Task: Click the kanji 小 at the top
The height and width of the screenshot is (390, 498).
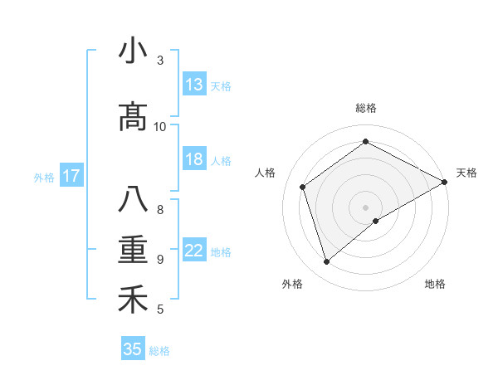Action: coord(133,52)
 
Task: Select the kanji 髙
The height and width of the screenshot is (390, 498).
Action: coord(133,118)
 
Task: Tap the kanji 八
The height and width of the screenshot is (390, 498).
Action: coord(133,200)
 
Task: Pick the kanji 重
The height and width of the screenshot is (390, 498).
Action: coord(133,250)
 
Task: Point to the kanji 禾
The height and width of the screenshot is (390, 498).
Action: coord(133,300)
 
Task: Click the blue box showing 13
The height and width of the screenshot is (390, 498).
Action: coord(194,85)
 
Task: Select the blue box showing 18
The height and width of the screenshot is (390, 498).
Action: coord(194,159)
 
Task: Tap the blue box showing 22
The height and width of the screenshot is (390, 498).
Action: coord(194,251)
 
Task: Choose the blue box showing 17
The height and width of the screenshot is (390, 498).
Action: coord(71,176)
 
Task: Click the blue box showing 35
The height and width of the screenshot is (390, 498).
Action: coord(133,349)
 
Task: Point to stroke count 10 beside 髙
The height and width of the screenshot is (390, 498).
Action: coord(160,126)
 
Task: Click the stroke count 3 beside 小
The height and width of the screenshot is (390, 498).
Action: coord(160,61)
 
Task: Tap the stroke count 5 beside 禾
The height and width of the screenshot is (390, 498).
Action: coord(160,310)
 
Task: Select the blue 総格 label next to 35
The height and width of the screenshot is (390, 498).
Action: coord(159,351)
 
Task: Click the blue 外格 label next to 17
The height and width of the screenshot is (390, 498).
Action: coord(44,177)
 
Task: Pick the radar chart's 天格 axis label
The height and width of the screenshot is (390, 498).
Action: coord(466,173)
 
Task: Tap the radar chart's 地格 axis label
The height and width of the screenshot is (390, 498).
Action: coord(435,284)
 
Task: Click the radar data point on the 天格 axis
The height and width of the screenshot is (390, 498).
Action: coord(445,182)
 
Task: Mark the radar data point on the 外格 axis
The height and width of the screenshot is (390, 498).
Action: coord(327,262)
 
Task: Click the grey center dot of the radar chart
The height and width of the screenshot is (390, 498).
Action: coord(365,207)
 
